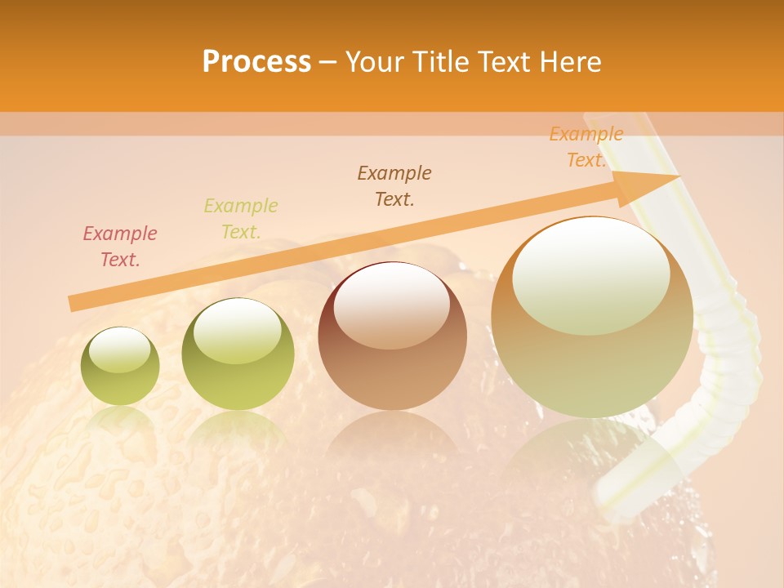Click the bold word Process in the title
coord(256,62)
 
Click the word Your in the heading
coord(373,62)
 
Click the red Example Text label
coord(120,247)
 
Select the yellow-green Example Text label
coord(241,219)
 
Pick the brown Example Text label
coord(394,186)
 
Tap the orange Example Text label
coord(586,147)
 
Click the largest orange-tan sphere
coord(592,359)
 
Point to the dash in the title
coord(328,62)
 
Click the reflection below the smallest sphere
coord(120,425)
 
